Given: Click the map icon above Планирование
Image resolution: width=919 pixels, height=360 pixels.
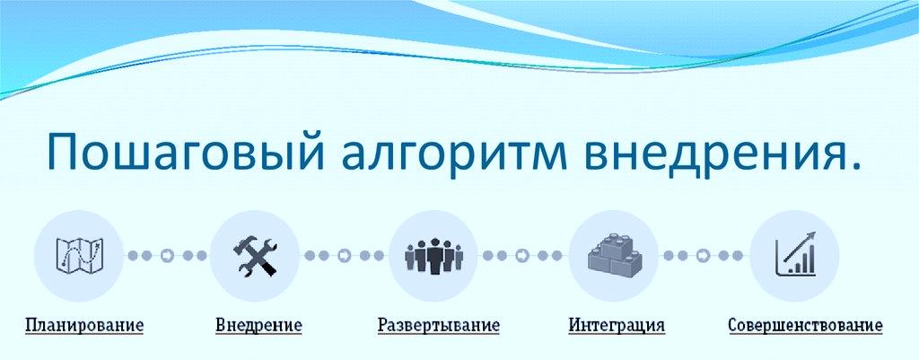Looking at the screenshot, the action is (79, 254).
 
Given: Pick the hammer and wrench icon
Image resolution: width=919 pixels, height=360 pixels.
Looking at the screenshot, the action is (255, 256).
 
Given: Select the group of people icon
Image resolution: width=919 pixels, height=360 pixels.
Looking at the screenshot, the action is (434, 255).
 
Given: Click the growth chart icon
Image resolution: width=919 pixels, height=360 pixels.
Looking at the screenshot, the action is (795, 254).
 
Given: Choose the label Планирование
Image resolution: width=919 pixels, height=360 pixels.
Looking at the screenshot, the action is (84, 325).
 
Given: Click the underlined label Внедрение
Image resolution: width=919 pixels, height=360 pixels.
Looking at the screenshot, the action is (258, 325).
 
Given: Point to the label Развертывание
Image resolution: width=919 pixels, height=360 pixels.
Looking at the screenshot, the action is (438, 325).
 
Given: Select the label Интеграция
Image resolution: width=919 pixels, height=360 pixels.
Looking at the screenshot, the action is (617, 325).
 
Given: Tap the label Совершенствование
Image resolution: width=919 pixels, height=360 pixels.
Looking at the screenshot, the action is (805, 325).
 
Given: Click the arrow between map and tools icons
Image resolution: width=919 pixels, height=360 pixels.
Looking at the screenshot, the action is (167, 256).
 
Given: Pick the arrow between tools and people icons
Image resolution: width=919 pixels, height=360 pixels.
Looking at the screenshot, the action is (345, 256).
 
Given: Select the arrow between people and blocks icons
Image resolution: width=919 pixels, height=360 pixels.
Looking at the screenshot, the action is (522, 256).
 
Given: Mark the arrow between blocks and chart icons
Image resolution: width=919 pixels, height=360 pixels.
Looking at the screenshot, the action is (703, 256).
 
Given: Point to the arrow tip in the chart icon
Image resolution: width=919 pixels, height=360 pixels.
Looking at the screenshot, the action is (813, 233).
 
